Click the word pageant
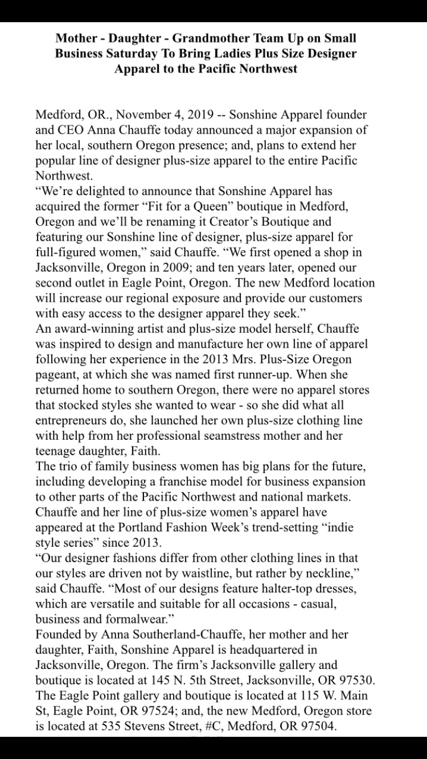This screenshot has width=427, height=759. [x=56, y=375]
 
